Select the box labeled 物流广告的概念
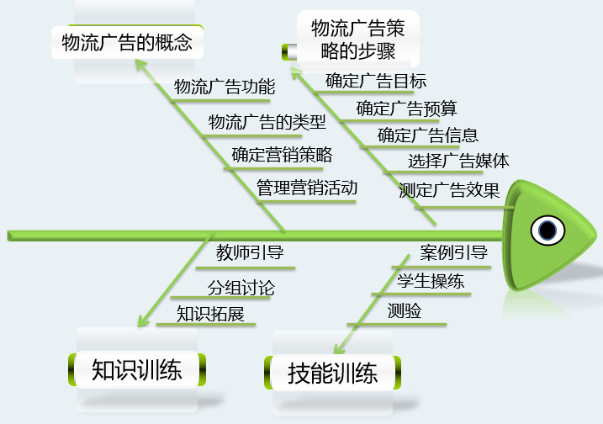pos(127,41)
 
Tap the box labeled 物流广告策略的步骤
pos(357,40)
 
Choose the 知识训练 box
pos(136,370)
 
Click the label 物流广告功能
pos(224,87)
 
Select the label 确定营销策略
pos(282,155)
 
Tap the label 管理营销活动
pos(307,188)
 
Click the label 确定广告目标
pos(376,82)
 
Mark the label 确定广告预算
pos(406,109)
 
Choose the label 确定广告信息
pos(428,135)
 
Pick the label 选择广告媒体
pos(458,162)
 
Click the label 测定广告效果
pos(449,190)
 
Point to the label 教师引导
pos(249,253)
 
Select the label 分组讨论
pos(241,288)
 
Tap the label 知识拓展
pos(210,315)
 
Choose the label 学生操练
pos(431,281)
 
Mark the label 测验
pos(405,311)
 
